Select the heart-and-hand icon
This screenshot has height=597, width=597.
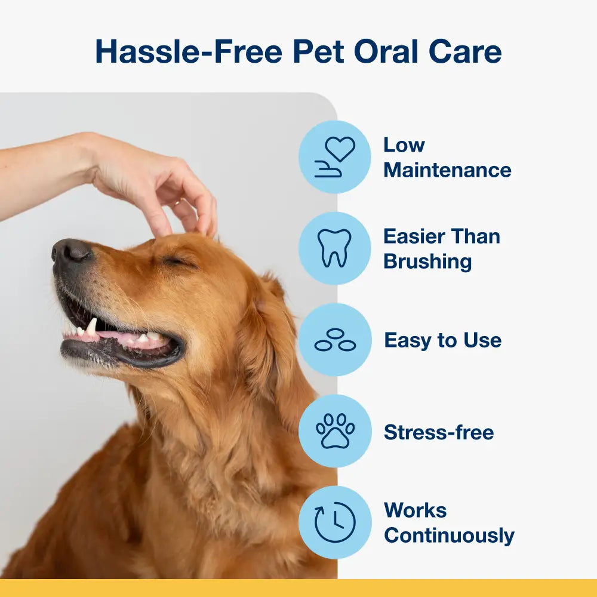pos(335,157)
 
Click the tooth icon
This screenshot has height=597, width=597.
pos(335,248)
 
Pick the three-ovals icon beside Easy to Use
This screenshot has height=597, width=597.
pos(335,340)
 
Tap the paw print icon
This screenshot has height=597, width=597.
pos(335,431)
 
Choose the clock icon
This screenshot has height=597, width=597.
pos(335,522)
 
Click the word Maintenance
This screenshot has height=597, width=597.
pos(447,170)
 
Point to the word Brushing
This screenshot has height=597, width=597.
pos(427,261)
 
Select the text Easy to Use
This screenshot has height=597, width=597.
pos(442,340)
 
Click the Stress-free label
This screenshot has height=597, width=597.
pos(439,432)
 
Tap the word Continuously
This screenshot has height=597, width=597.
pos(449,536)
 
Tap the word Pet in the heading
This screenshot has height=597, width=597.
pos(317,52)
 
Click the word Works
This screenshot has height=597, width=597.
pos(415,510)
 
